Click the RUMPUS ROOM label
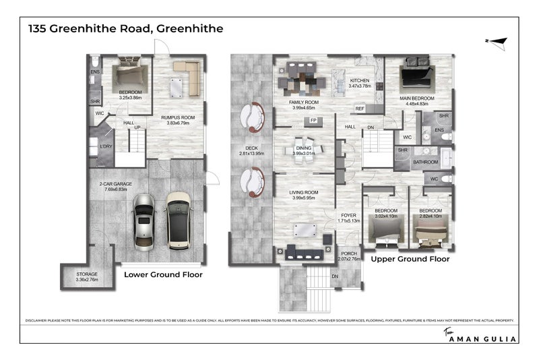click(x=177, y=118)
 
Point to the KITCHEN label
click(x=360, y=80)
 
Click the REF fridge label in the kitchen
click(x=360, y=108)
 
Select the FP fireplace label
click(x=313, y=121)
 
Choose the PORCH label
click(x=348, y=253)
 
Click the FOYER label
click(x=348, y=216)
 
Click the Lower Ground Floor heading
click(x=163, y=275)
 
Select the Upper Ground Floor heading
click(x=410, y=258)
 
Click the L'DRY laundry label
click(x=105, y=146)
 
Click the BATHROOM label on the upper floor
click(x=425, y=162)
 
